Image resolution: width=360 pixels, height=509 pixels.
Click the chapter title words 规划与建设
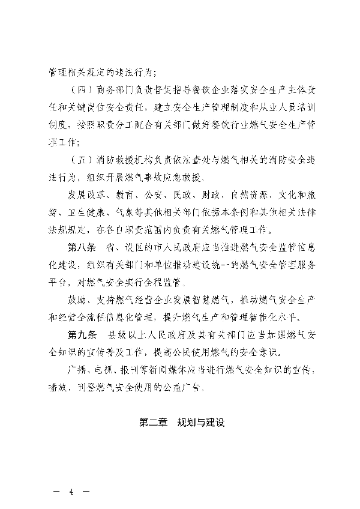point(200,423)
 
